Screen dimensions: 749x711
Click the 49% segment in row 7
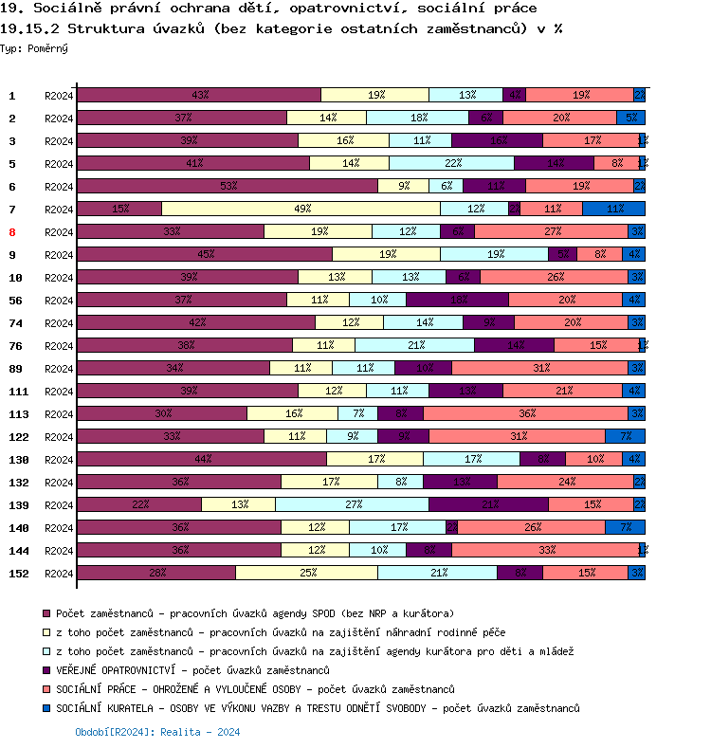point(301,209)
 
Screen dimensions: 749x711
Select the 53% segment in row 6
point(228,186)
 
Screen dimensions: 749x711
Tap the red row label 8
point(12,231)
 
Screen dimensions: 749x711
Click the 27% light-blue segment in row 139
point(352,504)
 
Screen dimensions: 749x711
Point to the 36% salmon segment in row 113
point(526,413)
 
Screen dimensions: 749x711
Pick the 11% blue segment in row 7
point(613,209)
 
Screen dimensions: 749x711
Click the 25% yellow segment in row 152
point(306,573)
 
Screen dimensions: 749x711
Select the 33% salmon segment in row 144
point(545,550)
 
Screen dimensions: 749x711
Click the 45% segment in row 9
point(204,254)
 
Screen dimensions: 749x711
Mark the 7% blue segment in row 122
point(625,436)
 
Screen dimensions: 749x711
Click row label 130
point(18,459)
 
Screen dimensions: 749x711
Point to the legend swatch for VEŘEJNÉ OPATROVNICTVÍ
point(46,670)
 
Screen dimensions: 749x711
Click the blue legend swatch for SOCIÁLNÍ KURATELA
point(46,708)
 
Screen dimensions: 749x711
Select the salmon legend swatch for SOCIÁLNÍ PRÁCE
point(46,689)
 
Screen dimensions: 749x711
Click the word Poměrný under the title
point(46,47)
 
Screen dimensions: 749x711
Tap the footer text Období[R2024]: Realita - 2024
point(157,732)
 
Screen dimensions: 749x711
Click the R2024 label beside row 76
point(59,345)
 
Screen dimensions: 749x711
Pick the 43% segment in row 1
point(199,95)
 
